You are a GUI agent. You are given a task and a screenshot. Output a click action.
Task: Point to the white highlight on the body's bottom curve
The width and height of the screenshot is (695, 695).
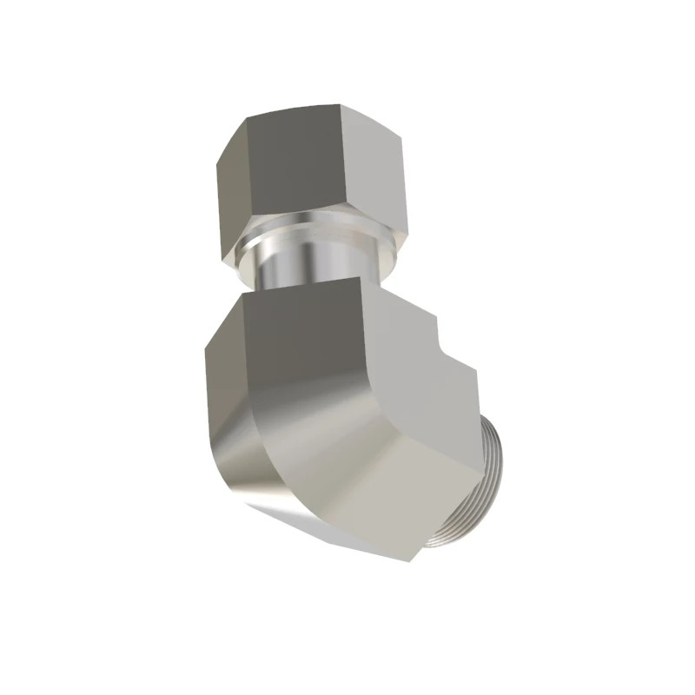(261, 504)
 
